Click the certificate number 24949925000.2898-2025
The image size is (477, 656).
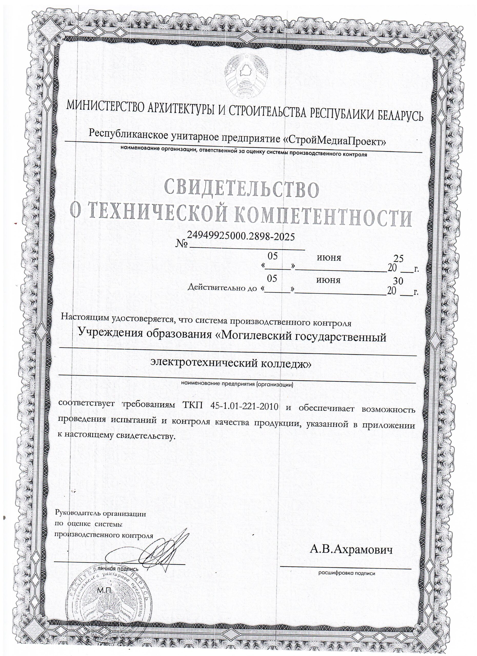pos(241,237)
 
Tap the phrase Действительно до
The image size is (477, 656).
pos(222,288)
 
